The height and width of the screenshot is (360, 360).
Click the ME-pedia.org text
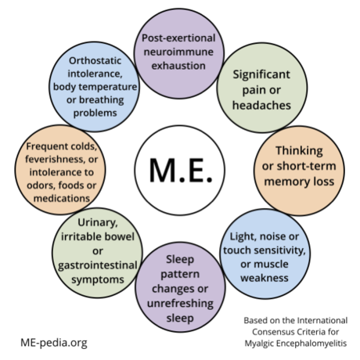[53, 343]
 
